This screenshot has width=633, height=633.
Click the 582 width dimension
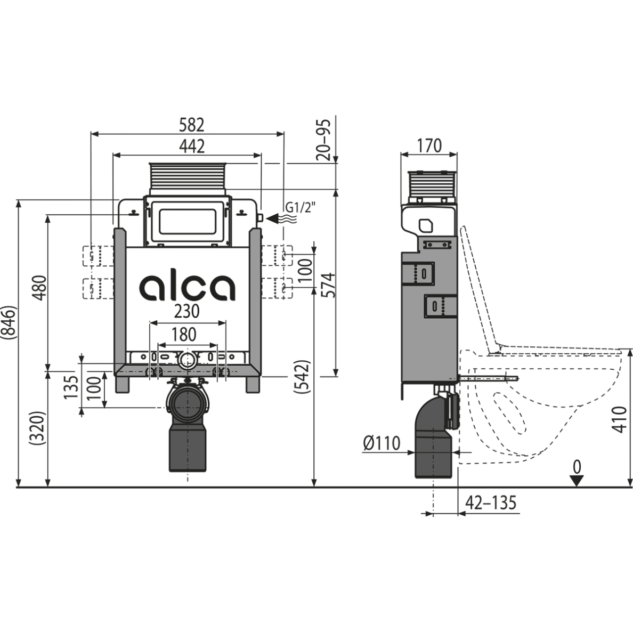tap(191, 125)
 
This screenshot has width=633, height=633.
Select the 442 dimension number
tap(192, 146)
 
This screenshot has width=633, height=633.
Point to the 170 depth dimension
tap(429, 145)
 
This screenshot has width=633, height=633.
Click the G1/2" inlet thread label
tap(301, 207)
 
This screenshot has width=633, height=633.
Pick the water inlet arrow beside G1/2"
tap(282, 219)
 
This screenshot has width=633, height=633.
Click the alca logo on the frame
tap(188, 287)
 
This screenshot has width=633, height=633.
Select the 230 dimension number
tap(187, 311)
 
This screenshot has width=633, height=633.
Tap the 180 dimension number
tap(184, 335)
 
